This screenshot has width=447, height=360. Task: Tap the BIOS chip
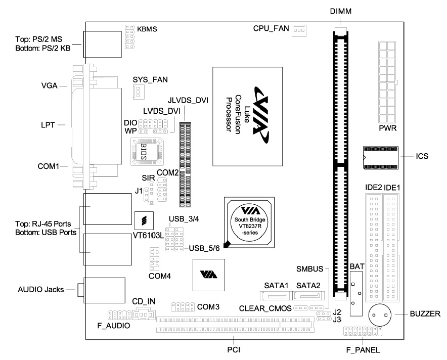[x=145, y=150]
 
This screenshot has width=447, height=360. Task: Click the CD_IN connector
[x=144, y=315]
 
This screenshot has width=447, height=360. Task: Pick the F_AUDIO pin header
[x=118, y=314]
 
